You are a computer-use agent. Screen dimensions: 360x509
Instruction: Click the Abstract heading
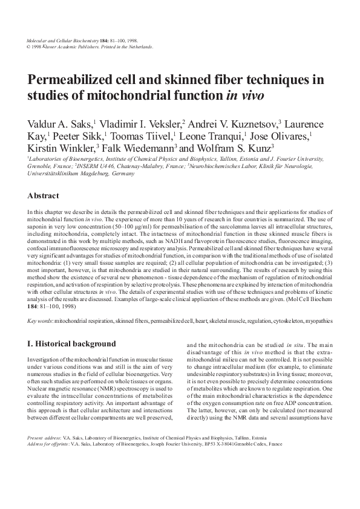click(44, 196)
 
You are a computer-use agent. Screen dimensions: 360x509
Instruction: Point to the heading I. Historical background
click(72, 344)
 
